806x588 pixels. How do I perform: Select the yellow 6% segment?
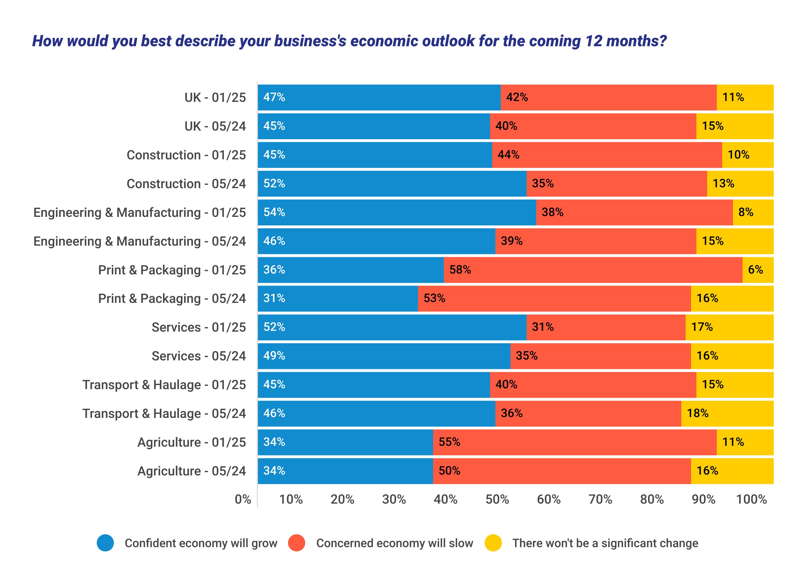pos(758,270)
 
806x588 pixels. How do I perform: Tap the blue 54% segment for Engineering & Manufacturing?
pos(397,213)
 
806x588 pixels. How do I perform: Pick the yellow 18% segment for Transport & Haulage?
pos(727,413)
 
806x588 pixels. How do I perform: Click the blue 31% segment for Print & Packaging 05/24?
pos(338,298)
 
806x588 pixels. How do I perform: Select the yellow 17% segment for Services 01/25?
pos(729,327)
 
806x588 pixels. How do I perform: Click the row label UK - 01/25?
pos(215,98)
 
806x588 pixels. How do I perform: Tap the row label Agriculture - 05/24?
pos(192,471)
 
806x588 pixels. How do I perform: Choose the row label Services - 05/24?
pos(199,356)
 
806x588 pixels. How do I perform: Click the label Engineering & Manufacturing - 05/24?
pos(139,241)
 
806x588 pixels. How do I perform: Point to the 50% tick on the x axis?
pos(497,499)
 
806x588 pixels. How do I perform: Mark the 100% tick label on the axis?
pos(751,499)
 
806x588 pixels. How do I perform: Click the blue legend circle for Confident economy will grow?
pos(105,543)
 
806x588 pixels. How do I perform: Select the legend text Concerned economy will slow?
pos(394,543)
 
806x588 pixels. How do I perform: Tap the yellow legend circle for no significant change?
pos(493,543)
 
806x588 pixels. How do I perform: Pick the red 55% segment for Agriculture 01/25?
pos(574,442)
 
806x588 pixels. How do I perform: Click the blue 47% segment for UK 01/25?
pos(379,98)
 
